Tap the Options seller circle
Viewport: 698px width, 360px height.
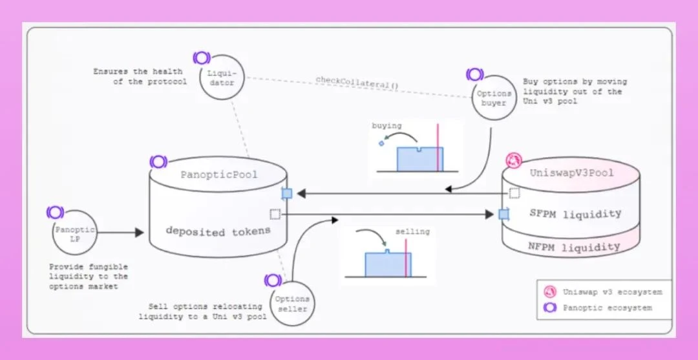point(291,303)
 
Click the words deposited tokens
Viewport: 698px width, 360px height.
point(217,231)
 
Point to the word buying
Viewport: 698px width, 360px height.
point(386,126)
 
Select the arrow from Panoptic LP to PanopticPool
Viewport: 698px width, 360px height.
point(120,231)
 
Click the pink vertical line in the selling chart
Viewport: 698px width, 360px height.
point(407,258)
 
